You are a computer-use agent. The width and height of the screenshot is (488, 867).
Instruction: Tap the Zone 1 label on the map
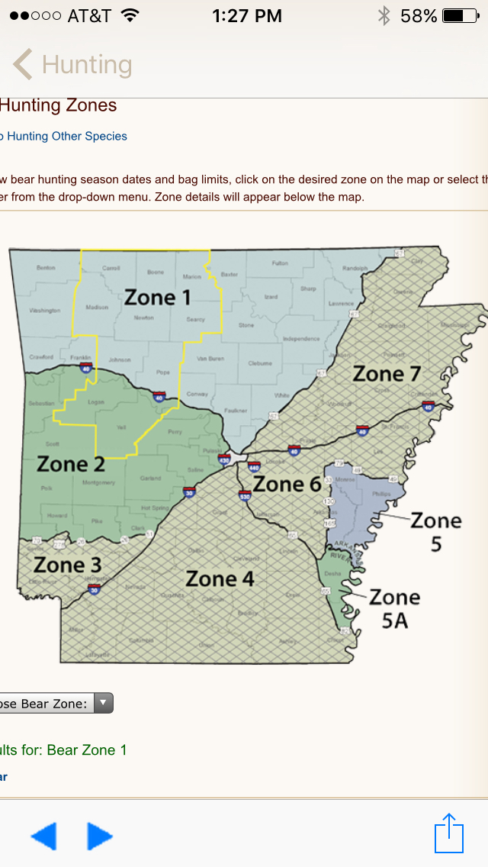[157, 297]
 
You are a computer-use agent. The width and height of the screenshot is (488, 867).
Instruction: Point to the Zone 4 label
[220, 579]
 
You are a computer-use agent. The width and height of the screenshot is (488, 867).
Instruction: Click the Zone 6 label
[287, 484]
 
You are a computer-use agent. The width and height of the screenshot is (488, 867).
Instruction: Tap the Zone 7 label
[387, 374]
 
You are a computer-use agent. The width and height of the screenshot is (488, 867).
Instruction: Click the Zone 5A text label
[394, 608]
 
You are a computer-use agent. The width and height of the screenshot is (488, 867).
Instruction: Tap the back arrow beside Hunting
[22, 65]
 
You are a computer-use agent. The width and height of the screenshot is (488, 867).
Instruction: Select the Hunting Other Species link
[66, 137]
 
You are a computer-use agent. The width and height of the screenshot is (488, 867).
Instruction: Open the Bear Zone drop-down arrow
[103, 704]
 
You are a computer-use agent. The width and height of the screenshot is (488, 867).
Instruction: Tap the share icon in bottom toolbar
[449, 833]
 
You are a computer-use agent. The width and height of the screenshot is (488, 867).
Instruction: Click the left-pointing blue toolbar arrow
[43, 836]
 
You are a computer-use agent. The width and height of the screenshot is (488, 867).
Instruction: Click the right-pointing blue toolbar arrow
[100, 836]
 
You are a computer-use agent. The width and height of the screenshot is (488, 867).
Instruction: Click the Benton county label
[46, 268]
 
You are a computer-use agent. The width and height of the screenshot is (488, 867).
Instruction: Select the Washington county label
[45, 311]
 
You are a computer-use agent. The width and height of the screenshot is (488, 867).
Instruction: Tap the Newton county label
[143, 318]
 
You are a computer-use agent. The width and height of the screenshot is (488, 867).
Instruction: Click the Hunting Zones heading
[59, 105]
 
